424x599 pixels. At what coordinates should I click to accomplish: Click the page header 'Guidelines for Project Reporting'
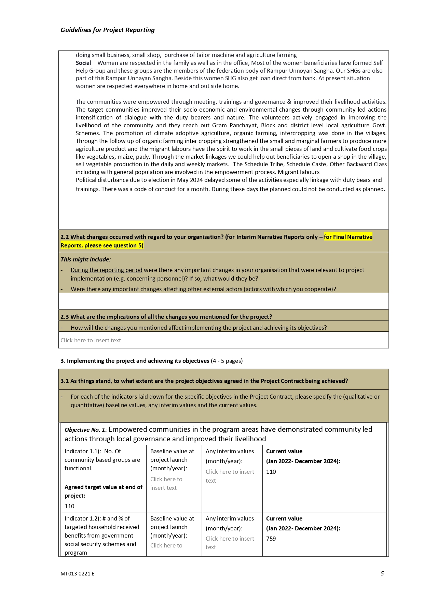(107, 30)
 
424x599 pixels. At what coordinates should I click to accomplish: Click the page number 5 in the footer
(382, 573)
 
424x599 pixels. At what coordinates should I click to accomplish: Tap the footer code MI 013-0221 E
(77, 574)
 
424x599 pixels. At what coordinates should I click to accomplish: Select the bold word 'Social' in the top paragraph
(83, 63)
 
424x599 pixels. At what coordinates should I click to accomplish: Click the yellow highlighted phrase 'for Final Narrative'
(348, 237)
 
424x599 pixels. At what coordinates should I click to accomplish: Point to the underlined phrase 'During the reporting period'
(106, 270)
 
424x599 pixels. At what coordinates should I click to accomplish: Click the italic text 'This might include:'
(85, 259)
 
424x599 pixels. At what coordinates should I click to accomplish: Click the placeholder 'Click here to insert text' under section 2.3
(91, 340)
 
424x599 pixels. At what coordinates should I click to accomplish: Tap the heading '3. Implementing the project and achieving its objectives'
(135, 361)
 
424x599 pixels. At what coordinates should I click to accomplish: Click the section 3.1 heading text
(204, 381)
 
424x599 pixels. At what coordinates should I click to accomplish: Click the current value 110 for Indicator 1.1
(271, 472)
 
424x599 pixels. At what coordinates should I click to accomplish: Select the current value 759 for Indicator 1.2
(271, 539)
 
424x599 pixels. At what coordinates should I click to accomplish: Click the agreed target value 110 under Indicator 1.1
(69, 506)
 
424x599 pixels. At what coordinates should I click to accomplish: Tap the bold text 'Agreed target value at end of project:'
(103, 491)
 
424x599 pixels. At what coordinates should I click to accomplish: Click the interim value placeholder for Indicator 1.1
(230, 476)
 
